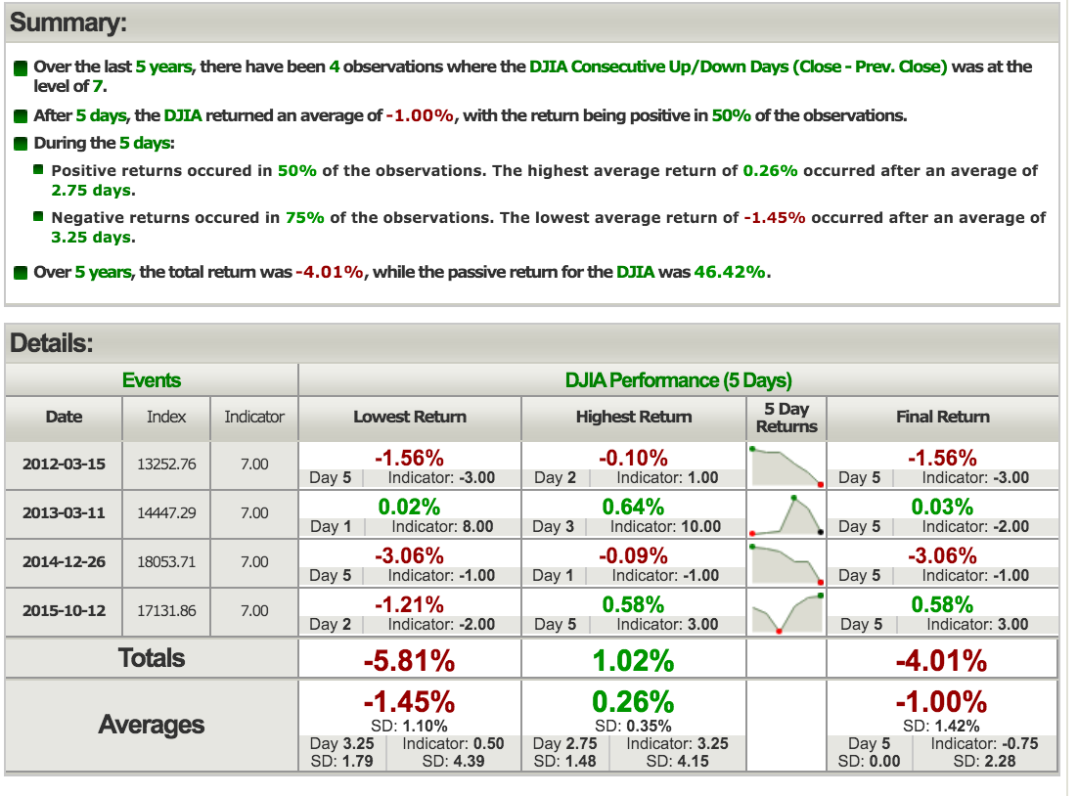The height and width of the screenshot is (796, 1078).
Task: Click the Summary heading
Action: click(x=67, y=22)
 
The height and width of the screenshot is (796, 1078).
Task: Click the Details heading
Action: click(x=51, y=343)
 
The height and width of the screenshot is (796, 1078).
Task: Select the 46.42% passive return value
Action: click(x=729, y=272)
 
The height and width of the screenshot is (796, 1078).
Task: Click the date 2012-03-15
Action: click(x=64, y=464)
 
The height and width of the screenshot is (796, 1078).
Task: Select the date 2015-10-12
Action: click(x=64, y=610)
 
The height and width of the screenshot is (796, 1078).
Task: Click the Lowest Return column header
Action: click(x=410, y=417)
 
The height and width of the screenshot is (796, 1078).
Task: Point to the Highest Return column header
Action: click(x=634, y=417)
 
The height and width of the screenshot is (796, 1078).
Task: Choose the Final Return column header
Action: click(x=942, y=417)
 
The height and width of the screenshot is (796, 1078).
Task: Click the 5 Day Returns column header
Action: click(x=786, y=418)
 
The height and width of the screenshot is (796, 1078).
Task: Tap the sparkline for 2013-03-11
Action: click(x=786, y=514)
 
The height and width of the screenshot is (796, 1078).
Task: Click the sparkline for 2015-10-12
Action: click(x=786, y=612)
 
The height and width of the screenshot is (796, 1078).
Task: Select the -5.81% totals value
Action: click(x=409, y=661)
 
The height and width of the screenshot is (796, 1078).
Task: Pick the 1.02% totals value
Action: click(x=634, y=661)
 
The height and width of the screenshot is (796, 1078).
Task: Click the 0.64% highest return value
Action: click(x=634, y=507)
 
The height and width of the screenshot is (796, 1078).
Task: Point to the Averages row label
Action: click(x=152, y=725)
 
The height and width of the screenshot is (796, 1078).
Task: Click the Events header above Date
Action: click(x=152, y=380)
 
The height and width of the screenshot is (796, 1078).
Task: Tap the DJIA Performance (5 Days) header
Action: click(x=679, y=380)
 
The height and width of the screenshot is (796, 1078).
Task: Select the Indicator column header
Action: click(x=254, y=417)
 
